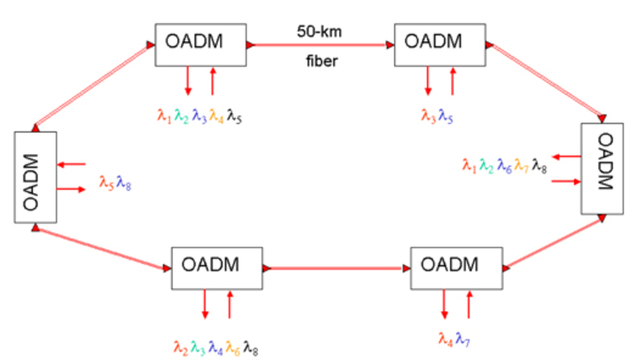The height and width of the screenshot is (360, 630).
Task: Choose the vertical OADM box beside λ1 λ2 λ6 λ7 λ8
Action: point(602,169)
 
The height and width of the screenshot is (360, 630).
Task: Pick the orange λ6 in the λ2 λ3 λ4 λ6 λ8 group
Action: point(233,347)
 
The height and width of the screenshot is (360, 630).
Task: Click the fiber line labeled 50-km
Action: point(321,46)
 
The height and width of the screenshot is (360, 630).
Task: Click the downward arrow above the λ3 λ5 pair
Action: point(428,81)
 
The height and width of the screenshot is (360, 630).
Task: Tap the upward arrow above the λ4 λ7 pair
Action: point(469,304)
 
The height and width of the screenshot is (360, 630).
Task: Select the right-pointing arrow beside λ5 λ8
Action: point(72,190)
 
